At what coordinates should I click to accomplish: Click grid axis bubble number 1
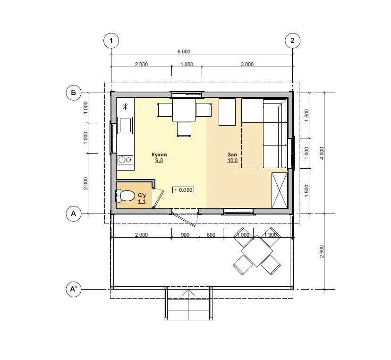pyautogui.click(x=111, y=41)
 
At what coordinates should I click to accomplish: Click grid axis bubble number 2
pyautogui.click(x=292, y=41)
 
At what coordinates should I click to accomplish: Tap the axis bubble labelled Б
pyautogui.click(x=74, y=93)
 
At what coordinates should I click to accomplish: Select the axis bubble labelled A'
pyautogui.click(x=74, y=289)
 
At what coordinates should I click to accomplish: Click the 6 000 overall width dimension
pyautogui.click(x=184, y=51)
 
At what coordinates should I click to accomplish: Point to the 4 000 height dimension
pyautogui.click(x=322, y=153)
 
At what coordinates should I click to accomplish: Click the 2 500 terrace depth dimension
pyautogui.click(x=322, y=251)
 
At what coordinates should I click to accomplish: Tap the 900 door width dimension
pyautogui.click(x=185, y=235)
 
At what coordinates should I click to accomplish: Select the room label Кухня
pyautogui.click(x=159, y=154)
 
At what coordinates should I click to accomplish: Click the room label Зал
pyautogui.click(x=232, y=154)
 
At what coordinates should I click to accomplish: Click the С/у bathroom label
pyautogui.click(x=142, y=195)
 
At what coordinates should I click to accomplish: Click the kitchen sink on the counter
pyautogui.click(x=125, y=126)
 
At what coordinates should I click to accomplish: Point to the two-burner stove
pyautogui.click(x=125, y=160)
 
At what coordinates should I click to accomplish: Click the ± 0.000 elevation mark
pyautogui.click(x=183, y=190)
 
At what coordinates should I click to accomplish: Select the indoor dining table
pyautogui.click(x=184, y=110)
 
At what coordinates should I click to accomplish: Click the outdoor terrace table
pyautogui.click(x=257, y=251)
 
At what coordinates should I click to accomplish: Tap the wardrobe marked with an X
pyautogui.click(x=280, y=190)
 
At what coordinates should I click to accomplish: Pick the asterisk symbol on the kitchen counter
pyautogui.click(x=125, y=107)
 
